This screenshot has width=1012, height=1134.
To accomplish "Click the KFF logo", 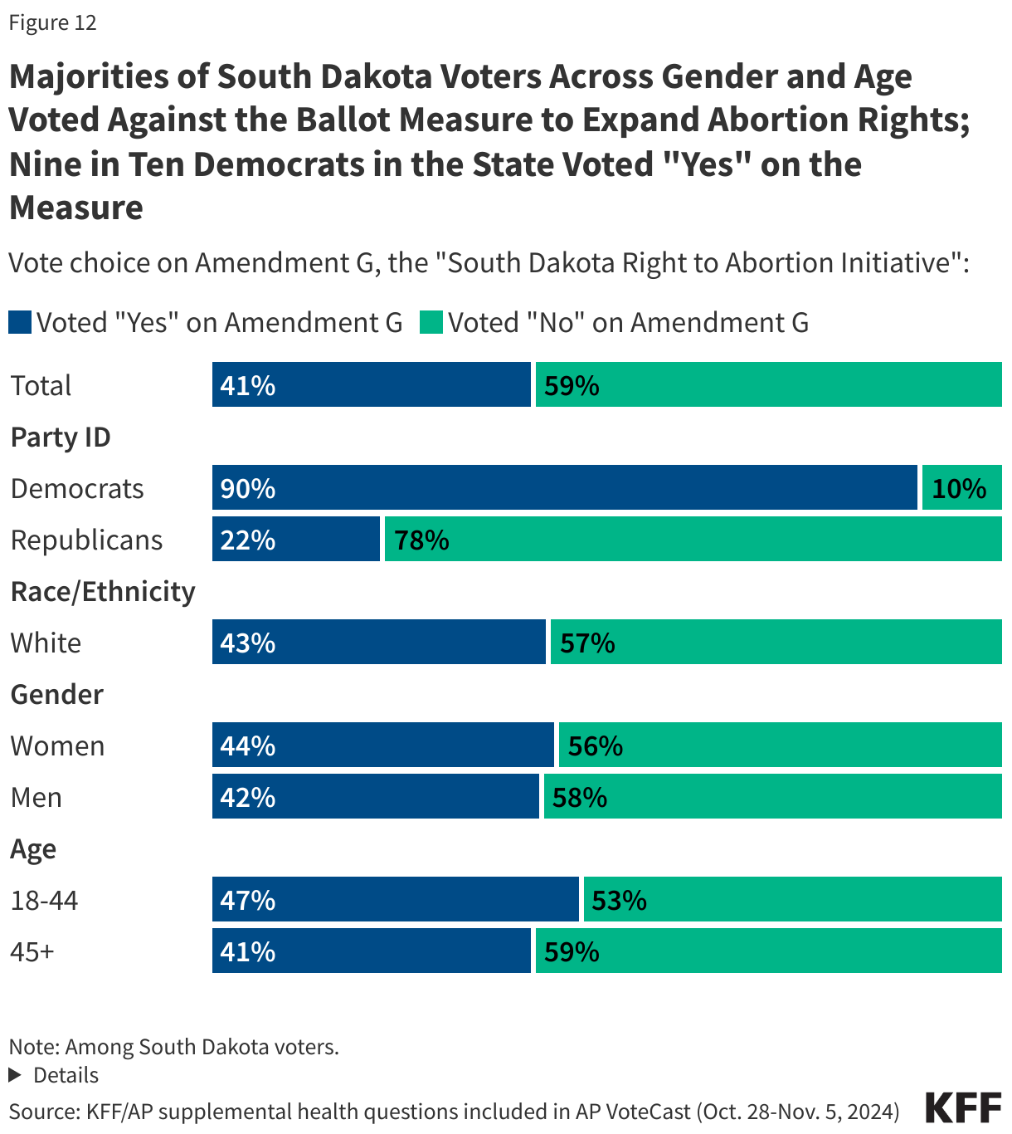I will point(962,1108).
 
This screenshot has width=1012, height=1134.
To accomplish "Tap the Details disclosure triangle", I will point(15,1075).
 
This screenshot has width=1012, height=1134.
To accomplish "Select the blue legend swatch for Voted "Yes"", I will point(20,322).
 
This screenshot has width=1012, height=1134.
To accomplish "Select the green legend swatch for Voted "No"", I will point(431,322).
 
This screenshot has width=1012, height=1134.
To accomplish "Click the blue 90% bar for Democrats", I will point(564,487).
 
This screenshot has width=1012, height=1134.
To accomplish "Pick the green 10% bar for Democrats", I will point(961,487).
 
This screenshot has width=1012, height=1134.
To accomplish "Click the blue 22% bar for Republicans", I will point(296,539).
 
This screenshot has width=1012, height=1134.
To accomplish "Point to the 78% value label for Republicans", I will point(422,540).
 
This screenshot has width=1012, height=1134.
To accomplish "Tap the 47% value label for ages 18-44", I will point(248,901).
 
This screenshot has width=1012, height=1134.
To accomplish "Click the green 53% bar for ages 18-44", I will point(792,899).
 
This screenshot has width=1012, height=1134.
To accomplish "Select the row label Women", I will point(57,745).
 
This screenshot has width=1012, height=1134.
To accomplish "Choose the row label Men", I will point(36,797).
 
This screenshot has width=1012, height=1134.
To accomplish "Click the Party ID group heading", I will point(61,437).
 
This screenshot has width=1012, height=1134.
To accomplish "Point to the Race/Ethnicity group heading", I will point(103,591).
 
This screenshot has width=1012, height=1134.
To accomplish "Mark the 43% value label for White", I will point(248,643).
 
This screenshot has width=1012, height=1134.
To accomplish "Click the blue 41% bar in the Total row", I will point(371,384).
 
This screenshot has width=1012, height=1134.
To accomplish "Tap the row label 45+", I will point(32,951).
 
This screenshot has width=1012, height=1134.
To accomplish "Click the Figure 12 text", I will point(53,22).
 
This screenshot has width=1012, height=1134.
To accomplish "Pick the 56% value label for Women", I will point(596,746).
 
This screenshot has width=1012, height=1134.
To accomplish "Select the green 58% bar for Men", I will point(772,796).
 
